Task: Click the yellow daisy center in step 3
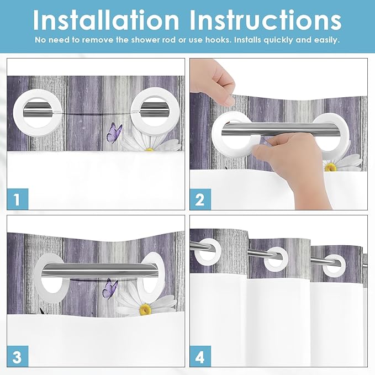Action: [x=145, y=309]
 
